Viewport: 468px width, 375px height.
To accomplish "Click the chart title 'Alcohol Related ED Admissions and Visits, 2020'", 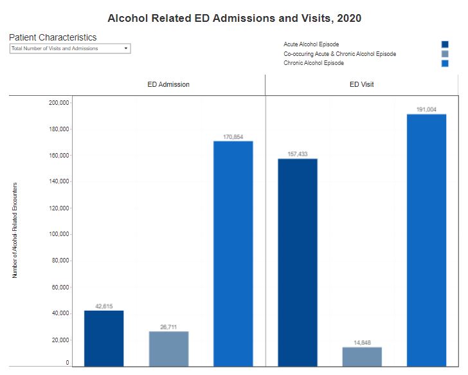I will pyautogui.click(x=234, y=18).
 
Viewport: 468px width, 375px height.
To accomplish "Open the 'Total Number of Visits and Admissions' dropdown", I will pyautogui.click(x=70, y=48).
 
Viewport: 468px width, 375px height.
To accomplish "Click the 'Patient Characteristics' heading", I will pyautogui.click(x=53, y=37).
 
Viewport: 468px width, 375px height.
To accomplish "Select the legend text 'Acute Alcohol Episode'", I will pyautogui.click(x=311, y=44).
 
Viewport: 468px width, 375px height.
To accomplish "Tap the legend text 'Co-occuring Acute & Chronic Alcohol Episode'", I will pyautogui.click(x=339, y=54).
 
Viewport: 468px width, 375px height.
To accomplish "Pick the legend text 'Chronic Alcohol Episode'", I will pyautogui.click(x=314, y=63).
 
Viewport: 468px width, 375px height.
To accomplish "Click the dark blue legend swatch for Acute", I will pyautogui.click(x=445, y=44).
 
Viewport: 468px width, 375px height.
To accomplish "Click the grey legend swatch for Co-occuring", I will pyautogui.click(x=445, y=54).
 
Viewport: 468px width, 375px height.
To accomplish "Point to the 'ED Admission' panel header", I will pyautogui.click(x=168, y=84).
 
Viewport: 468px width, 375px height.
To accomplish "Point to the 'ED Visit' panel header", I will pyautogui.click(x=361, y=84).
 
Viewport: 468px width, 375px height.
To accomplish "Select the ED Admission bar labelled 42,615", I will pyautogui.click(x=104, y=338).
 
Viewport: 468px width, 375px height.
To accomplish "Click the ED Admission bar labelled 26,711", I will pyautogui.click(x=168, y=349).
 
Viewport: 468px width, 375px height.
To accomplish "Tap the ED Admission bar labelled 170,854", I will pyautogui.click(x=233, y=253).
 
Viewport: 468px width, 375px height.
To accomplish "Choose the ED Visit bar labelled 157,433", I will pyautogui.click(x=297, y=262).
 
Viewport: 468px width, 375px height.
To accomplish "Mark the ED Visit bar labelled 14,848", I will pyautogui.click(x=362, y=356).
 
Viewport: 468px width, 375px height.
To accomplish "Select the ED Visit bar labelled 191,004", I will pyautogui.click(x=426, y=241).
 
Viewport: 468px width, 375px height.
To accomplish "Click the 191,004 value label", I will pyautogui.click(x=426, y=109).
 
